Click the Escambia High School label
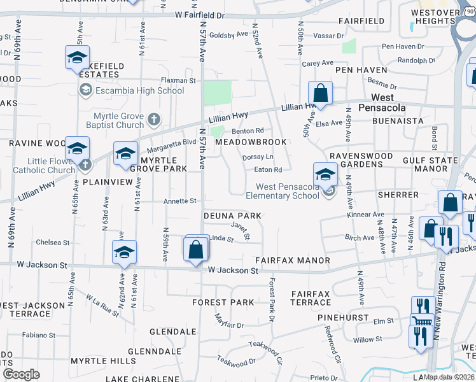pos(139,90)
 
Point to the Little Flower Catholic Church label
pos(45,166)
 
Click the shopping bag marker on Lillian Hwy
pos(321,93)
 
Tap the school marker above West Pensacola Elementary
pos(325,174)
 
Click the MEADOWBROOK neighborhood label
pos(250,142)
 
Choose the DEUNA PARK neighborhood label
pos(232,216)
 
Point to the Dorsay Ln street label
pos(258,157)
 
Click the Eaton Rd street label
pos(268,170)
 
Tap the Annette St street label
pos(180,201)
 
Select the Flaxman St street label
pos(178,81)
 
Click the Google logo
pos(22,374)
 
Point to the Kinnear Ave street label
pos(367,215)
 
